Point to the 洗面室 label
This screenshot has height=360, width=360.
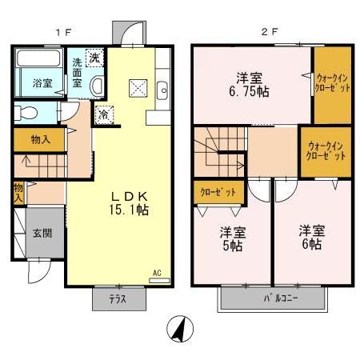77,73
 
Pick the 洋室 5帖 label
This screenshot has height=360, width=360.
232,239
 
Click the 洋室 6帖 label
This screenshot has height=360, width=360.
310,238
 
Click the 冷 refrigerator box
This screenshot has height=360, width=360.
104,114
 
